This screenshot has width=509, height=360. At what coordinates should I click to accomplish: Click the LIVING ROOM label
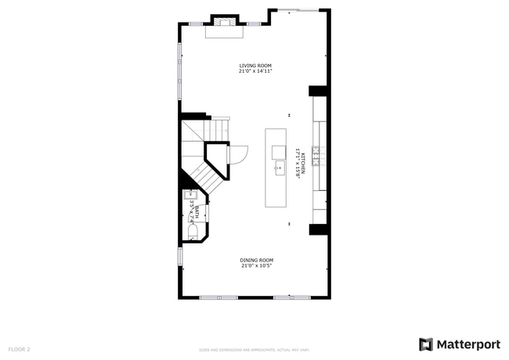pos(255,66)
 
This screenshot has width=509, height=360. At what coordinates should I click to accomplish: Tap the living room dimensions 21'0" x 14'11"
pos(255,71)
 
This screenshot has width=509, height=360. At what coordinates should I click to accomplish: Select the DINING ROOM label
pos(256,260)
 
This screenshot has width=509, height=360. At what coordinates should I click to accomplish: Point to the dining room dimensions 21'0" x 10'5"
pos(256,265)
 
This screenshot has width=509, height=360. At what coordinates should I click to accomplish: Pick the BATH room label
pos(197,211)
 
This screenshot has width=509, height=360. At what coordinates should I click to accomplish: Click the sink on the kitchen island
pos(279,166)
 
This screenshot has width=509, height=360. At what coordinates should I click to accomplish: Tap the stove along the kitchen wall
pos(317,157)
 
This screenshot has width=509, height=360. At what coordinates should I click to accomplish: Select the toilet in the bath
pos(193,230)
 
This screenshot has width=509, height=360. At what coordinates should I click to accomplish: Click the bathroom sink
pos(188,196)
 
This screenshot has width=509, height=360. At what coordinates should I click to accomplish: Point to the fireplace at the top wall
pos(225,20)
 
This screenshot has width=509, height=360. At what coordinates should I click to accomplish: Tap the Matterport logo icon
pos(425,344)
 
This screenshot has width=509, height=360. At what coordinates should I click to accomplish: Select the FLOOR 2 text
pos(19,349)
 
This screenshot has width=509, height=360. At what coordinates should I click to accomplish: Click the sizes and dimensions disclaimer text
pos(254,350)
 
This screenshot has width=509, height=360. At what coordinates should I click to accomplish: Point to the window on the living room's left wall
pos(179,71)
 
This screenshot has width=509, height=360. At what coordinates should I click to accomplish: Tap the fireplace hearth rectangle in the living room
pos(225,32)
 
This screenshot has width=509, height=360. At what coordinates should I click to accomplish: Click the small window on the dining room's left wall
pos(179,255)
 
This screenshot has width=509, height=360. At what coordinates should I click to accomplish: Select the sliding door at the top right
pos(299,10)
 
